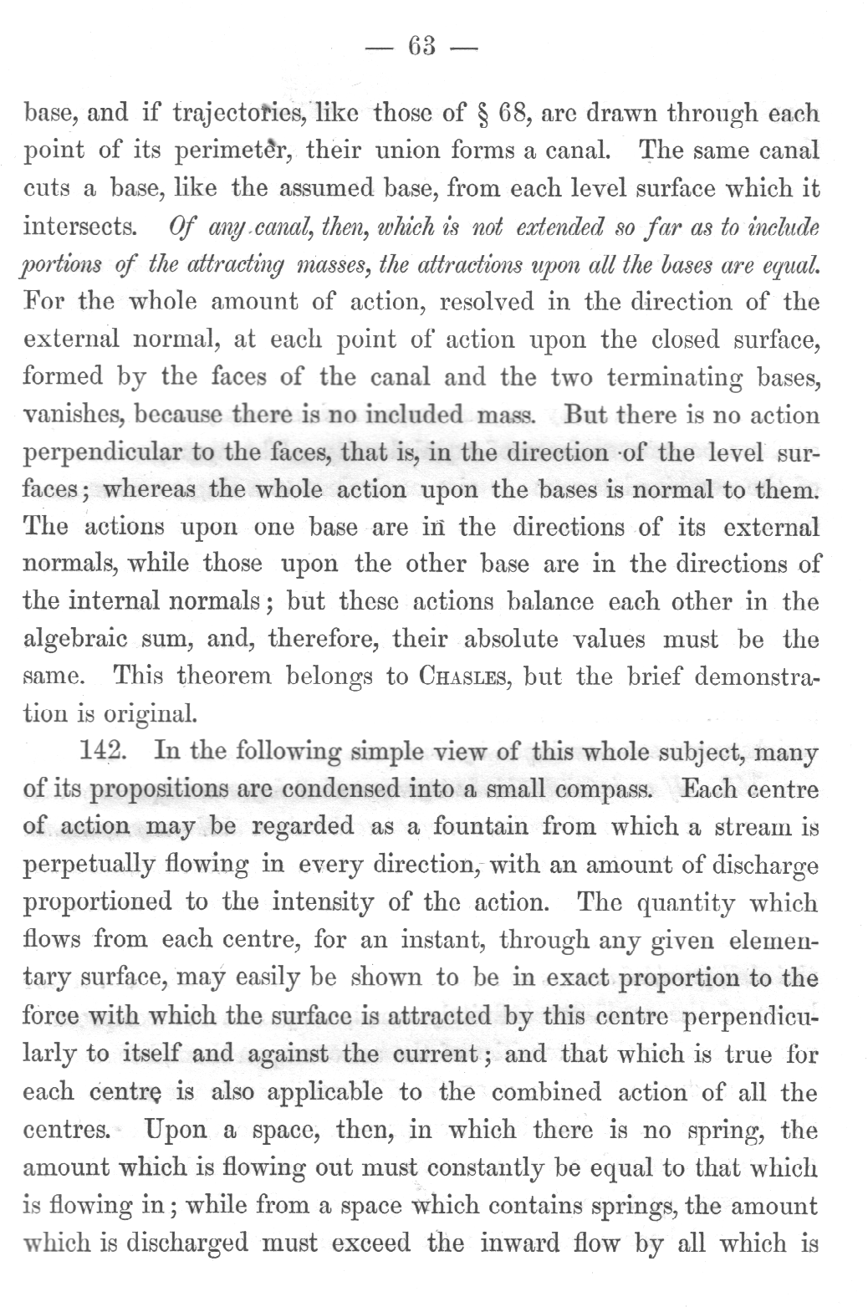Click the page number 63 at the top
[x=421, y=47]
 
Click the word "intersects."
[x=80, y=227]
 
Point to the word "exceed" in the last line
[x=370, y=1243]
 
